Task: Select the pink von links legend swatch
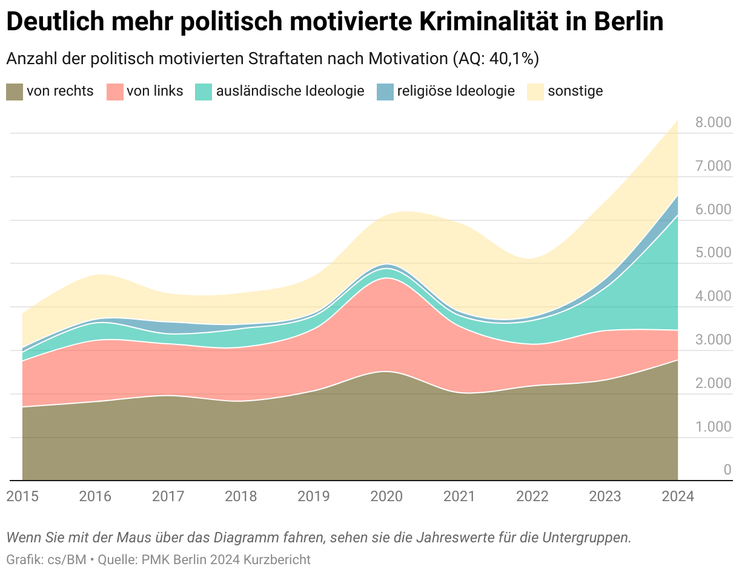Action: pyautogui.click(x=114, y=91)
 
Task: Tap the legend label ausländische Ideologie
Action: pyautogui.click(x=290, y=91)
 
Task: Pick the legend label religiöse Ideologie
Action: pyautogui.click(x=456, y=91)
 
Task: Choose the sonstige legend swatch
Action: pyautogui.click(x=535, y=91)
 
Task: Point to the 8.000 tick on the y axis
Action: pyautogui.click(x=714, y=123)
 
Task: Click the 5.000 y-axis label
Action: pyautogui.click(x=714, y=253)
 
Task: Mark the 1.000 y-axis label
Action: pyautogui.click(x=714, y=427)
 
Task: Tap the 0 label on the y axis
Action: pyautogui.click(x=727, y=470)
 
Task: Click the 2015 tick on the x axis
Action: pyautogui.click(x=22, y=496)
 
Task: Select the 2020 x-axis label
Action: pyautogui.click(x=386, y=496)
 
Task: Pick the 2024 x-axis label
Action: pyautogui.click(x=677, y=496)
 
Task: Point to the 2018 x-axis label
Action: pyautogui.click(x=241, y=496)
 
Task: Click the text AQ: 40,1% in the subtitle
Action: pyautogui.click(x=495, y=59)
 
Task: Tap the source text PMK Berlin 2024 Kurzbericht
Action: pyautogui.click(x=227, y=559)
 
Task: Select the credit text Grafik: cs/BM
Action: pyautogui.click(x=46, y=559)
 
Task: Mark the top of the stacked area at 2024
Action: pyautogui.click(x=677, y=120)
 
